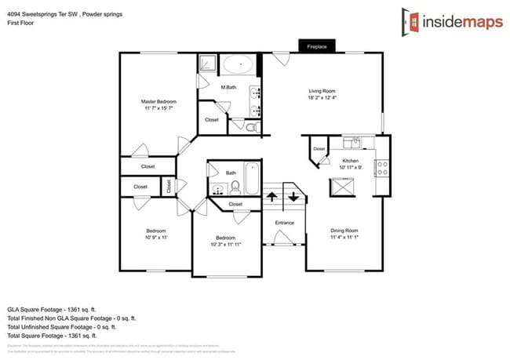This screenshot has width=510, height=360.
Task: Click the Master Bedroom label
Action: pyautogui.click(x=158, y=102)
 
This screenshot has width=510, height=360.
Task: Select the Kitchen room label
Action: pyautogui.click(x=349, y=161)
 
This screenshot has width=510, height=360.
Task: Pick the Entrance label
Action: pyautogui.click(x=284, y=223)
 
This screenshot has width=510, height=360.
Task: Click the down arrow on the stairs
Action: pyautogui.click(x=293, y=195)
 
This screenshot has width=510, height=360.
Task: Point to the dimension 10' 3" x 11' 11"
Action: pyautogui.click(x=226, y=244)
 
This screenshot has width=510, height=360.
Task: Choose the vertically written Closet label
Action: pyautogui.click(x=169, y=186)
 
